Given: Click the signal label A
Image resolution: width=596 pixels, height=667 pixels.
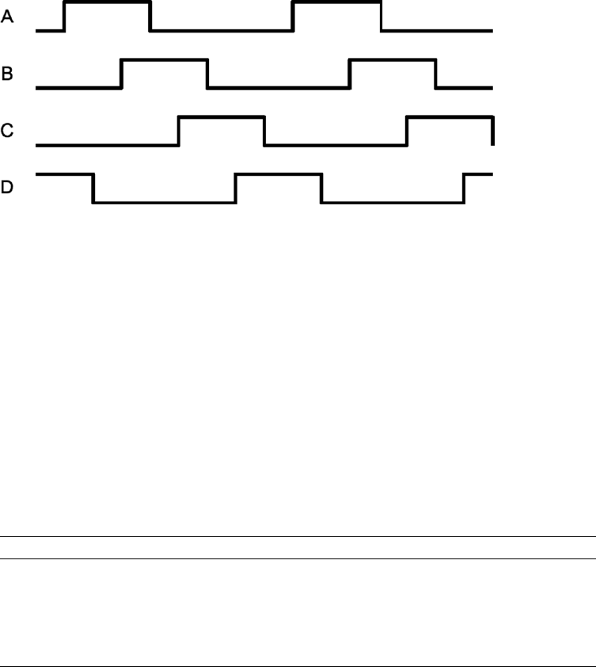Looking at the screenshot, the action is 7,16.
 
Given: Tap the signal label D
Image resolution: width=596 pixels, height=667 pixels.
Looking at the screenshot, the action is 7,189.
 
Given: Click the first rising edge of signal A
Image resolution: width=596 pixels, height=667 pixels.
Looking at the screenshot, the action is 64,17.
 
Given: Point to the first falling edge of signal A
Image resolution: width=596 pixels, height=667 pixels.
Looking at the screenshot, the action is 150,17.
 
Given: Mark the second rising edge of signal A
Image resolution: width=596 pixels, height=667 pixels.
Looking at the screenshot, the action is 293,17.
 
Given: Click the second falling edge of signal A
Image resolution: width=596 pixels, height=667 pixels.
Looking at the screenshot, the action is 381,17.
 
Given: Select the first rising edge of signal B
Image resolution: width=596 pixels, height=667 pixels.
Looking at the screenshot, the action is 121,73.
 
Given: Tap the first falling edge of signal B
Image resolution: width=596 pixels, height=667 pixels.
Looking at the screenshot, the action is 207,73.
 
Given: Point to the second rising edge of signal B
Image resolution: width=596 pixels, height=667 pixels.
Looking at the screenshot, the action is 349,73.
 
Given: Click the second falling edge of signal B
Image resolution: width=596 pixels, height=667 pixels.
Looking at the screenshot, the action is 436,73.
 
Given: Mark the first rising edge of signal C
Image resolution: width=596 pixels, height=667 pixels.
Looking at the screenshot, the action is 179,131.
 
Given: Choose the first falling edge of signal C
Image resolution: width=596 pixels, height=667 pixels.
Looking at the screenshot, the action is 264,131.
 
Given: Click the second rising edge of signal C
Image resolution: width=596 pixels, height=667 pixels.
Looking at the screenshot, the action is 407,131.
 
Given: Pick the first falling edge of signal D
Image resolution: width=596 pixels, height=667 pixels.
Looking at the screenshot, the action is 93,188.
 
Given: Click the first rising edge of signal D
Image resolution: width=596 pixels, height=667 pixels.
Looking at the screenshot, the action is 235,188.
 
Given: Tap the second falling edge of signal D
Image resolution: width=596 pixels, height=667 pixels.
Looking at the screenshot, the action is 321,188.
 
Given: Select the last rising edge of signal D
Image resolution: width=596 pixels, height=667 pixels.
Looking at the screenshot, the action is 464,188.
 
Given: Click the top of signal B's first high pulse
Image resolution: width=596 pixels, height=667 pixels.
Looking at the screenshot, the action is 164,59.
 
